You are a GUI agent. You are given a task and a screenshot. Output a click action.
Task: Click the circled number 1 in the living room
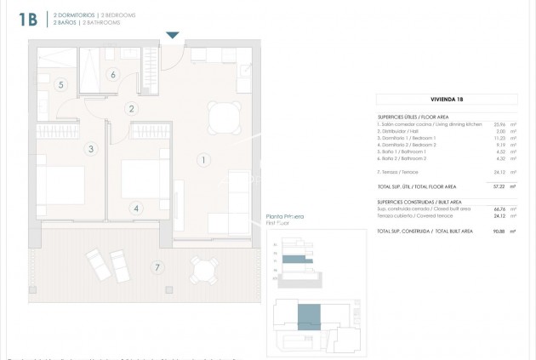pyautogui.click(x=202, y=159)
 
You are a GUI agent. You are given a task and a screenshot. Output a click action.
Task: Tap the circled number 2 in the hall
pyautogui.click(x=131, y=109)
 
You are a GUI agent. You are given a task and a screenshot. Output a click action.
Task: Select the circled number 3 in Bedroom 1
pyautogui.click(x=89, y=149)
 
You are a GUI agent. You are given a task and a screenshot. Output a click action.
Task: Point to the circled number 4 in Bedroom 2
pyautogui.click(x=137, y=207)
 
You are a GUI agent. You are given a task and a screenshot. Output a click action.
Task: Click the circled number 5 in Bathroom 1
pyautogui.click(x=61, y=84)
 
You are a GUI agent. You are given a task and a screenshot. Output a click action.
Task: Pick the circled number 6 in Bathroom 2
pyautogui.click(x=113, y=74)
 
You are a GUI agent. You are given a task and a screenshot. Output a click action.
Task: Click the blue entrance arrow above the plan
pyautogui.click(x=173, y=35)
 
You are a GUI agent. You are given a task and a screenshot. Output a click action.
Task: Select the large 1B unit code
pyautogui.click(x=26, y=20)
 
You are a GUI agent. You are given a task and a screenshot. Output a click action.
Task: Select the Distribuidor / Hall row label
pyautogui.click(x=400, y=131)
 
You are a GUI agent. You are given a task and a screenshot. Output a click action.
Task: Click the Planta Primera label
pyautogui.click(x=284, y=217)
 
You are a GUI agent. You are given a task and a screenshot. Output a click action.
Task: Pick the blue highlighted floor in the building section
pyautogui.click(x=293, y=258)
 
